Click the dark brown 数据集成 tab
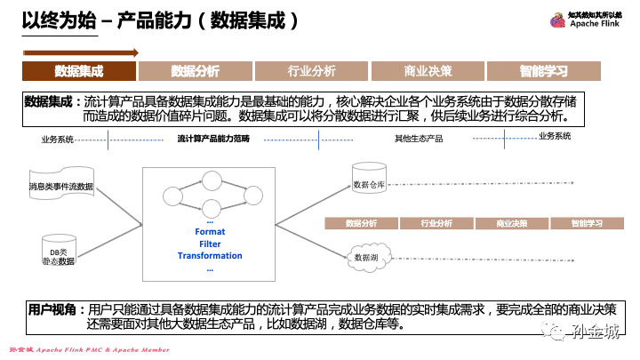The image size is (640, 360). click(x=79, y=71)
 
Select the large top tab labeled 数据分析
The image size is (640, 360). click(x=195, y=71)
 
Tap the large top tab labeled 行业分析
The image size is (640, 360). click(x=311, y=71)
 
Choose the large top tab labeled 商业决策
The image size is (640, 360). click(x=428, y=71)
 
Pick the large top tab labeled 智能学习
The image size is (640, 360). click(x=544, y=71)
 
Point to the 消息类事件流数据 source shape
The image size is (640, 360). click(x=60, y=186)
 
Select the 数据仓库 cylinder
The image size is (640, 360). click(x=367, y=180)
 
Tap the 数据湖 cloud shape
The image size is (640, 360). click(x=366, y=257)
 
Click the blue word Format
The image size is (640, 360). click(x=210, y=231)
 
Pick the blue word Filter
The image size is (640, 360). click(x=210, y=244)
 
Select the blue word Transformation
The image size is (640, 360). click(x=210, y=256)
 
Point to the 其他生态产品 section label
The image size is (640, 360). click(x=419, y=139)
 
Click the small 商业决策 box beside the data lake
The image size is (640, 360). click(x=511, y=223)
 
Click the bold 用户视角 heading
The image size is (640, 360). click(x=52, y=309)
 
